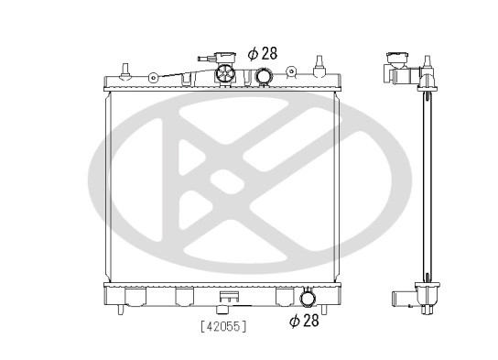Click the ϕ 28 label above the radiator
point(263,53)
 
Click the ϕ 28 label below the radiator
point(304,321)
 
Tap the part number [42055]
point(224,326)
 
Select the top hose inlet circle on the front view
point(264,76)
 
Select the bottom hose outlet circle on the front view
point(308,298)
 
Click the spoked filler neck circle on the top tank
point(225,74)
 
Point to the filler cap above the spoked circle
point(225,59)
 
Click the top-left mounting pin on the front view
point(125,71)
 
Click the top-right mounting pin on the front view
point(319,66)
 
